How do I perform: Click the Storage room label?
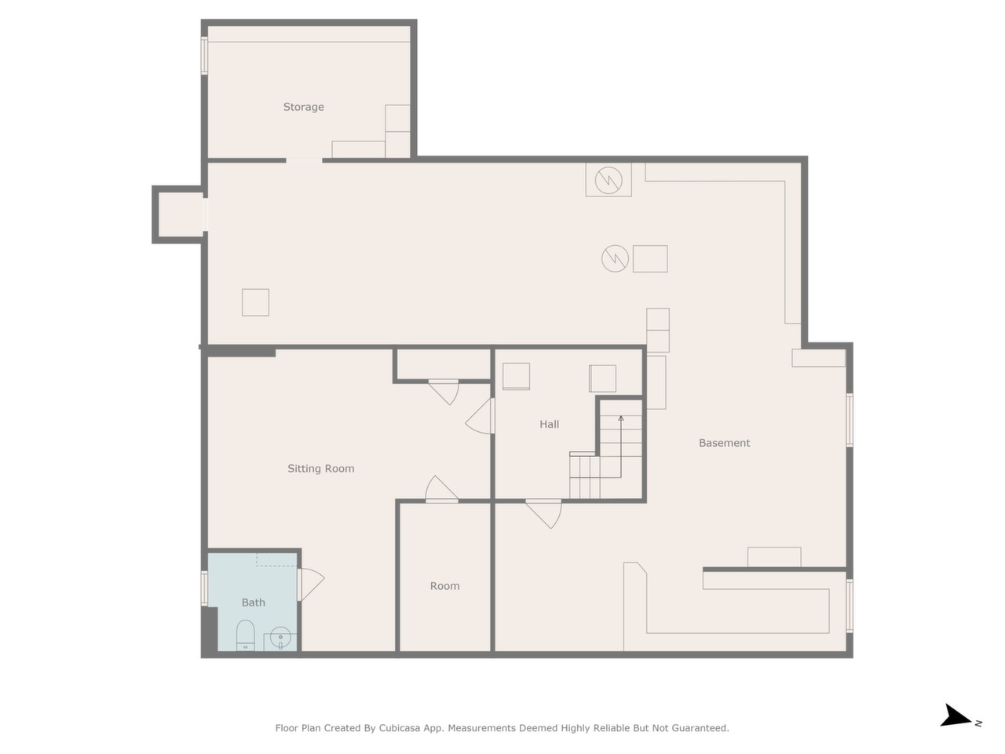[303, 107]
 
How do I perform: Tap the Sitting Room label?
[320, 468]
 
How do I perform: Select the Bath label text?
[253, 602]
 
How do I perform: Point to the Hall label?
[549, 424]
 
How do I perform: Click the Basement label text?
[724, 443]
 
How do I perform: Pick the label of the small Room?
[444, 586]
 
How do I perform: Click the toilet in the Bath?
[245, 635]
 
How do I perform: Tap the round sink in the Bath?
[280, 637]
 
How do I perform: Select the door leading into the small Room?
[441, 490]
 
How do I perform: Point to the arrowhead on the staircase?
[621, 418]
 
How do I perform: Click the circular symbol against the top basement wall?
[608, 180]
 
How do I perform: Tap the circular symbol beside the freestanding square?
[615, 258]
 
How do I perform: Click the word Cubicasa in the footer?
[397, 728]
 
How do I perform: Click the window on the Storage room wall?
[204, 56]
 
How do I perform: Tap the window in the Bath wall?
[204, 588]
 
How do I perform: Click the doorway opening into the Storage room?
[304, 160]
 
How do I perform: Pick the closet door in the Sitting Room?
[444, 391]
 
